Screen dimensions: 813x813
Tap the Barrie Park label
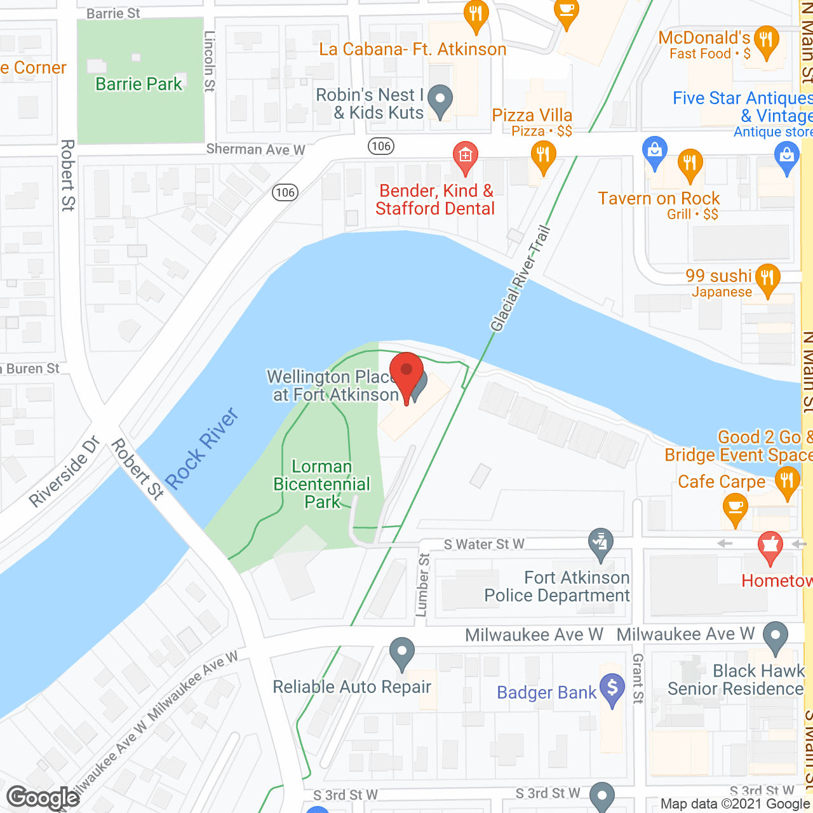point(138,84)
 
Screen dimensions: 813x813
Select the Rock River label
point(202,448)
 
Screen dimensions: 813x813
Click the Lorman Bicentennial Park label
point(322,484)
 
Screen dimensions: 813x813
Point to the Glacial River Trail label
point(520,279)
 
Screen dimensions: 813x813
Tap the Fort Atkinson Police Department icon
point(601,541)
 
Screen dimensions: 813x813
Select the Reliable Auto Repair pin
point(401,653)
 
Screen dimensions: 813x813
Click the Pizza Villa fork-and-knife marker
point(543,156)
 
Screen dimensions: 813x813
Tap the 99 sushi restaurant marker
point(768,279)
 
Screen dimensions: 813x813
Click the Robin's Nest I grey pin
point(440,100)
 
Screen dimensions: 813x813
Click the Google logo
point(43,798)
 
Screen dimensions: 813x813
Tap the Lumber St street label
point(423,585)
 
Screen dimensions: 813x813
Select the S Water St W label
point(484,544)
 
